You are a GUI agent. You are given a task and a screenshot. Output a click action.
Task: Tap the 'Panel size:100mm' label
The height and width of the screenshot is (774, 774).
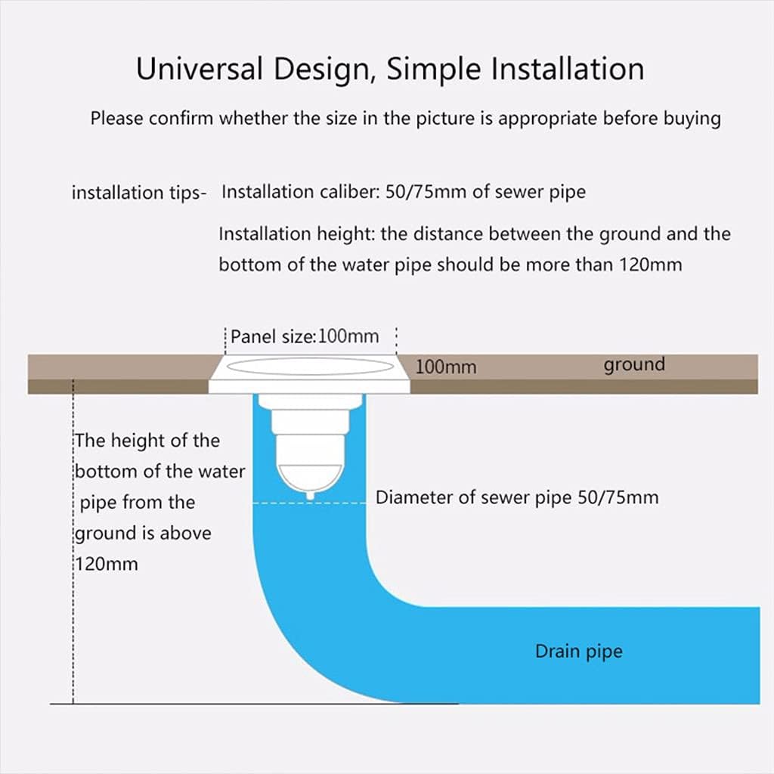click(305, 336)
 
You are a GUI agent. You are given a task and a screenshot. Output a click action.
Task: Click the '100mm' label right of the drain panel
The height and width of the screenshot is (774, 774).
click(446, 367)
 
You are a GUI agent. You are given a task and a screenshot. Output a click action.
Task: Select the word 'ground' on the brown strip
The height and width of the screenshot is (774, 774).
click(633, 365)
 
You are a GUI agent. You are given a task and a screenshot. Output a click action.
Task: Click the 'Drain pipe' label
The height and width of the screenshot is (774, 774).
click(578, 651)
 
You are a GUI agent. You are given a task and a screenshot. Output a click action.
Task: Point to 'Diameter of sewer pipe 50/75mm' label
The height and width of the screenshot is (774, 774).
click(517, 497)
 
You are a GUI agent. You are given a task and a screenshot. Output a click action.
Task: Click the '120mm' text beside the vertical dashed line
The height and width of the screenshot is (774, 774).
click(107, 564)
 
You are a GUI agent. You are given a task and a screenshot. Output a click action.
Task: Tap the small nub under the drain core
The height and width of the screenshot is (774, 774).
click(310, 495)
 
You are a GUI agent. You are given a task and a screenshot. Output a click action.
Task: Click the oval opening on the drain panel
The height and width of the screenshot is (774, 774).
click(310, 367)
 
